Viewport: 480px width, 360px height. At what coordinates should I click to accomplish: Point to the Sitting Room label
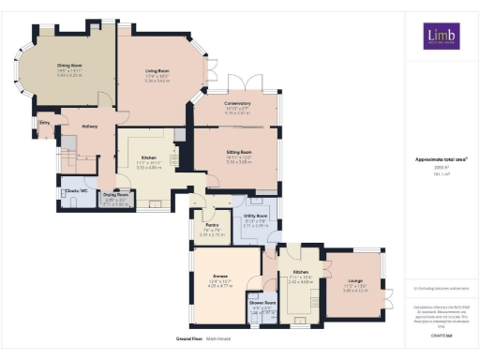tap(239, 151)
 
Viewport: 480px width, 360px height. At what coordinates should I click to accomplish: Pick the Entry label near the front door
tap(44, 122)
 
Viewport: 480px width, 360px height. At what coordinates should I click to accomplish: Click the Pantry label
tap(211, 224)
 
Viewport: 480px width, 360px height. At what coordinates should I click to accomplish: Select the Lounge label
tap(357, 280)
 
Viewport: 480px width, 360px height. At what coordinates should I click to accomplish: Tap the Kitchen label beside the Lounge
tap(298, 273)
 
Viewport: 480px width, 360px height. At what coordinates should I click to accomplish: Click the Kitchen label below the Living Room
tap(148, 158)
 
